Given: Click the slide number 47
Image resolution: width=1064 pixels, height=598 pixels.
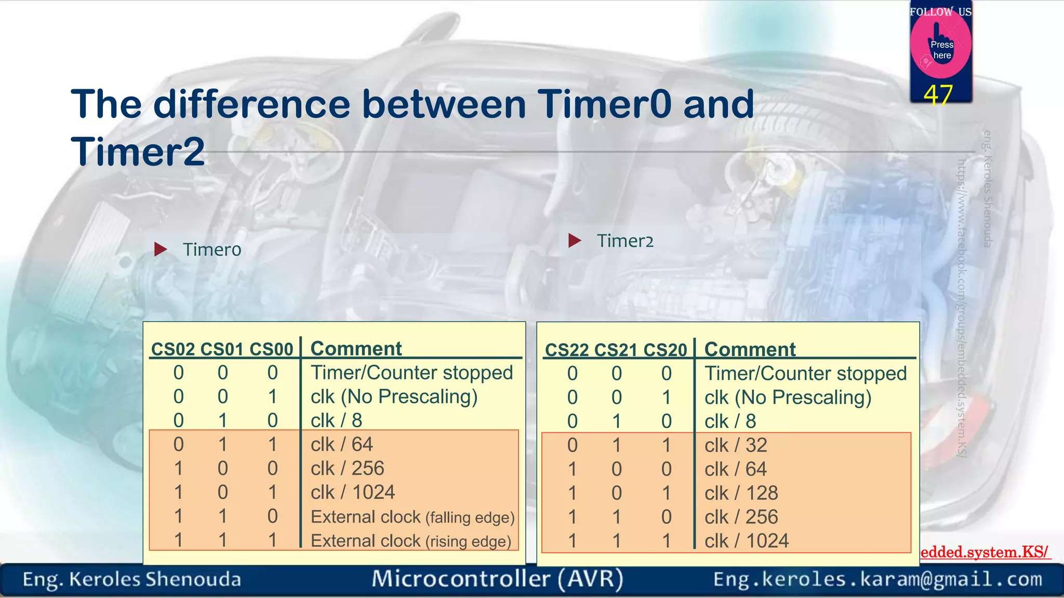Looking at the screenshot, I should pyautogui.click(x=938, y=95).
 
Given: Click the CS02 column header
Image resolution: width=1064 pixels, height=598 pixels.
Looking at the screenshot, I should pyautogui.click(x=172, y=349).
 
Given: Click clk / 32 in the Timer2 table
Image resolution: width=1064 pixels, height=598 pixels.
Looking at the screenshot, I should pyautogui.click(x=736, y=445).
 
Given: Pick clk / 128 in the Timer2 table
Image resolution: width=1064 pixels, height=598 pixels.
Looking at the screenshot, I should pyautogui.click(x=741, y=493).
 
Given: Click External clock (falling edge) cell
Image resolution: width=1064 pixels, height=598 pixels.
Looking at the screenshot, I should pyautogui.click(x=413, y=517).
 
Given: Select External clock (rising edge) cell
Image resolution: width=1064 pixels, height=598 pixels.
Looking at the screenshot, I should pyautogui.click(x=410, y=541).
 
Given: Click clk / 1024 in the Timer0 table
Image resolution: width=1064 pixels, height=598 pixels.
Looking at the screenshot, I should pyautogui.click(x=353, y=492).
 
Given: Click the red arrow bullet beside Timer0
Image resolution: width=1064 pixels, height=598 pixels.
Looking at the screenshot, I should pyautogui.click(x=161, y=250).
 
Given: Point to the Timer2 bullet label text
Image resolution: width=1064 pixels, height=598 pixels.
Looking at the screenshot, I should pyautogui.click(x=625, y=241).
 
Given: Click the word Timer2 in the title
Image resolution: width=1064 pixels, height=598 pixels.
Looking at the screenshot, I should pyautogui.click(x=138, y=152).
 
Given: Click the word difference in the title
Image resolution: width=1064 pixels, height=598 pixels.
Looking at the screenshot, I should pyautogui.click(x=252, y=104).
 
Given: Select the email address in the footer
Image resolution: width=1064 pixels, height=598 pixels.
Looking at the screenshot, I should pyautogui.click(x=877, y=579).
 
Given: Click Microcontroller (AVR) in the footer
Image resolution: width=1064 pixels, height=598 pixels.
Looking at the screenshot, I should pyautogui.click(x=497, y=579).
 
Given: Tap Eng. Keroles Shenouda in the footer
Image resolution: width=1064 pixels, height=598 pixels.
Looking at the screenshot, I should pyautogui.click(x=132, y=579).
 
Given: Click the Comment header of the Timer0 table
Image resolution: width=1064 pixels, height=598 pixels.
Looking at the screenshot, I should pyautogui.click(x=356, y=348).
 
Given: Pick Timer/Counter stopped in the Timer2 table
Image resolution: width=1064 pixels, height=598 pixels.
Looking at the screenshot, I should pyautogui.click(x=805, y=374).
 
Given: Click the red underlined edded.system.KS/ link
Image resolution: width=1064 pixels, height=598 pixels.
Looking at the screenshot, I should pyautogui.click(x=984, y=552).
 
